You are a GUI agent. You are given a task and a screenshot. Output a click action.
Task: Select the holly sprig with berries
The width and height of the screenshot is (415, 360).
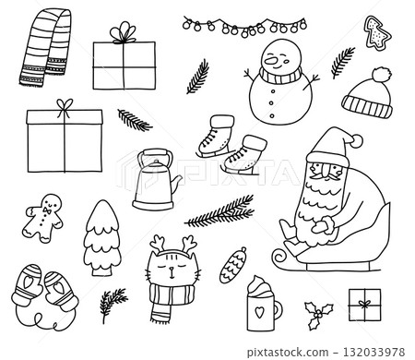tap(319, 313)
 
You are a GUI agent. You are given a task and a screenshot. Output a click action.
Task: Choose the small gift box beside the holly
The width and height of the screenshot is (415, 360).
tap(364, 304)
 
